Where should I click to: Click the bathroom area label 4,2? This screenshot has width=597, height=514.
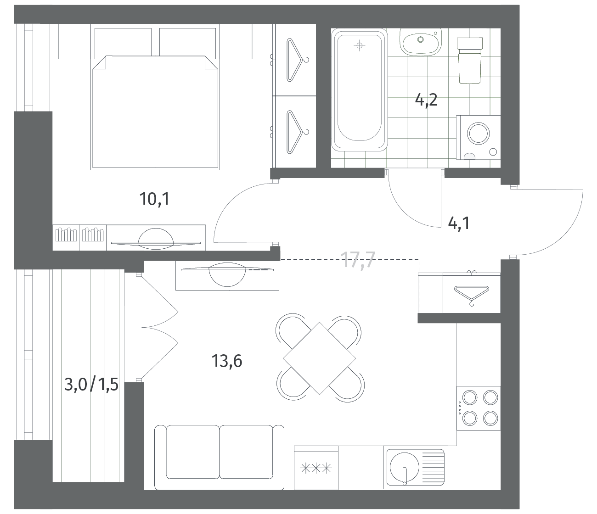pyautogui.click(x=426, y=101)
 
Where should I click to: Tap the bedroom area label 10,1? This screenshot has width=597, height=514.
pyautogui.click(x=154, y=199)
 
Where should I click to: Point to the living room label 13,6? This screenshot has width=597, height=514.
pyautogui.click(x=227, y=361)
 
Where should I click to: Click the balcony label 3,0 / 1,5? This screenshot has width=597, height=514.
pyautogui.click(x=91, y=384)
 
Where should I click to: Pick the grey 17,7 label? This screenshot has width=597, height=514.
pyautogui.click(x=358, y=259)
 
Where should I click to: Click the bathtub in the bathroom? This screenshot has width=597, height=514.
pyautogui.click(x=359, y=89)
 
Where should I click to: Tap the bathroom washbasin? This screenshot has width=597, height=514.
pyautogui.click(x=421, y=42)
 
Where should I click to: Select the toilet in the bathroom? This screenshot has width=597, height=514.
pyautogui.click(x=470, y=61)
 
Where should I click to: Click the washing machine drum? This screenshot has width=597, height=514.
pyautogui.click(x=479, y=134)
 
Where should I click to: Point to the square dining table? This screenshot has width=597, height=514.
pyautogui.click(x=320, y=358)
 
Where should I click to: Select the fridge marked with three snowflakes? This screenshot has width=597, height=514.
pyautogui.click(x=316, y=468)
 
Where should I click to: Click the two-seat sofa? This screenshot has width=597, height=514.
pyautogui.click(x=219, y=458)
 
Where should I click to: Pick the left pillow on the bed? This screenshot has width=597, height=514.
pyautogui.click(x=123, y=42)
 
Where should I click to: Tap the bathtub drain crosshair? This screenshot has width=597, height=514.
pyautogui.click(x=359, y=45)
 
